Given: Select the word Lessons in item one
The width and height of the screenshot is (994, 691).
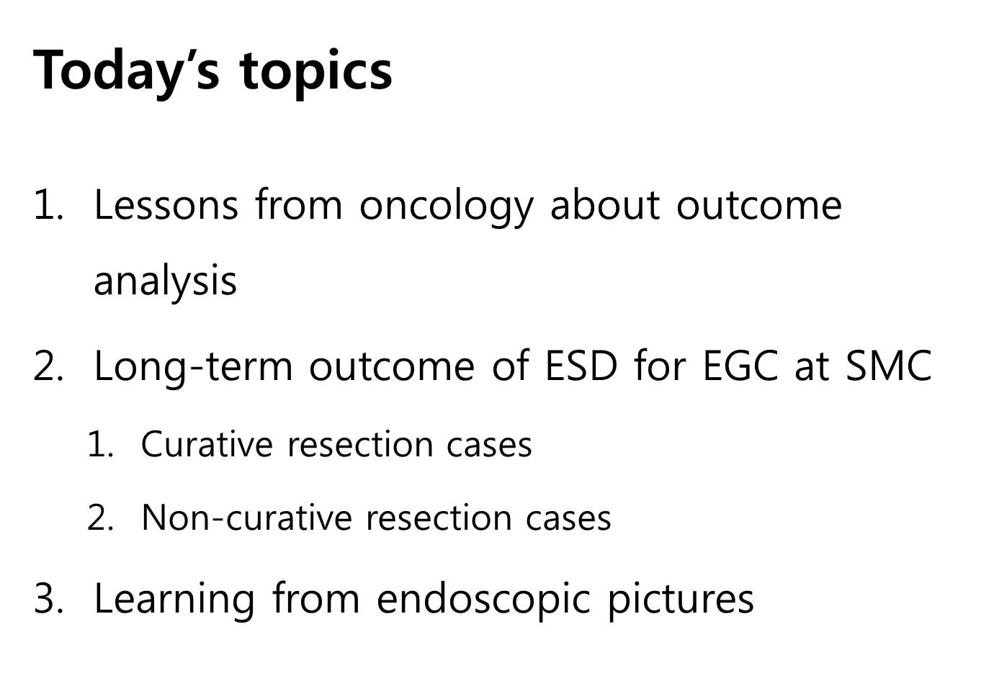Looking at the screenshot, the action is (x=166, y=205).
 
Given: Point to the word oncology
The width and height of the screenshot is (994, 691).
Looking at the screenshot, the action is (x=446, y=207).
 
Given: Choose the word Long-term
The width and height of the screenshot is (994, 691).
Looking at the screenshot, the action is (x=194, y=368).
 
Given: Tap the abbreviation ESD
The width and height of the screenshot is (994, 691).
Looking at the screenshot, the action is (x=581, y=366).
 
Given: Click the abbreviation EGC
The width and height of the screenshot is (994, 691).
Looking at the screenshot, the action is (x=740, y=366).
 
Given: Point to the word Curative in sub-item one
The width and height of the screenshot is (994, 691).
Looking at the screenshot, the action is (x=207, y=444).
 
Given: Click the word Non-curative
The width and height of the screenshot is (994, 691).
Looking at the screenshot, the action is (x=247, y=518).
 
